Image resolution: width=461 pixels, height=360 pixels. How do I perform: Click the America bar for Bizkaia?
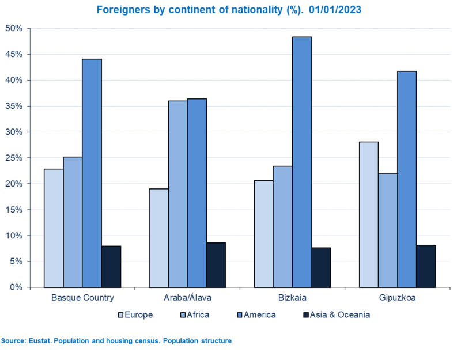pos(302,162)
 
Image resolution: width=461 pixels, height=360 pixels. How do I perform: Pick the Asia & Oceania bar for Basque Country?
pos(111,267)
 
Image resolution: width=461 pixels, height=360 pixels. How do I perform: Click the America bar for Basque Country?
pos(92,173)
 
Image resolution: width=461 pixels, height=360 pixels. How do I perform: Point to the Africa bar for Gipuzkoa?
pos(388,230)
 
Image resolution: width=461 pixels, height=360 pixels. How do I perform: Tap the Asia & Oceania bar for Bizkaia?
pos(321,267)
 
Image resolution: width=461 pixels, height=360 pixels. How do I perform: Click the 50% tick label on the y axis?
pos(14,28)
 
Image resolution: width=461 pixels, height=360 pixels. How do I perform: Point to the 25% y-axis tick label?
pos(14,158)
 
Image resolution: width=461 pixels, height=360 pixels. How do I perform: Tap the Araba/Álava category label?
pos(187,298)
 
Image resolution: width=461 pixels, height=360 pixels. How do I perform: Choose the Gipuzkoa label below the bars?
pos(397,298)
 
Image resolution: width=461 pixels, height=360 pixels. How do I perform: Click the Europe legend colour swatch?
pos(121,315)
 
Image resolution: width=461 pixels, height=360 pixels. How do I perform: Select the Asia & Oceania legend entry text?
pos(339,315)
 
